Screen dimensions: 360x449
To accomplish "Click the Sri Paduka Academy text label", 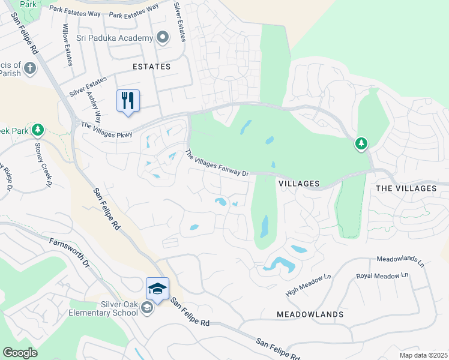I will pos(115,38).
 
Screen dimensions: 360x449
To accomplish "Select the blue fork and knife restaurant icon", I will pos(128,100).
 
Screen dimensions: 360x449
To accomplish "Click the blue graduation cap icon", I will pos(157,289).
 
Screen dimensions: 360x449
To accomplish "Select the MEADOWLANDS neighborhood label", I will pos(310,314).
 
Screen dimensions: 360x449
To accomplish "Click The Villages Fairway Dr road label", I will pos(217,164).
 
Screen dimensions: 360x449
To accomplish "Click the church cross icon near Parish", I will pos(31,68).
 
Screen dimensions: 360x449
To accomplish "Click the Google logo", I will pos(20,353).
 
